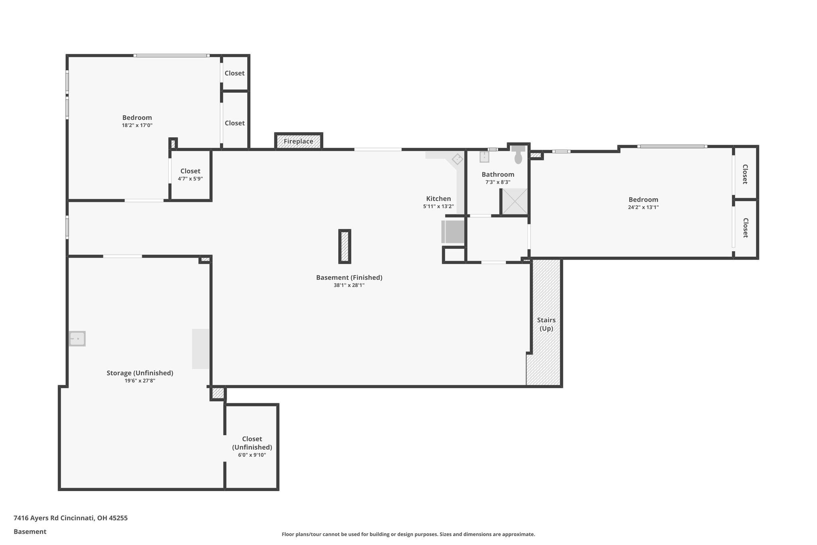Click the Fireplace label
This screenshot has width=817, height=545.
[298, 141]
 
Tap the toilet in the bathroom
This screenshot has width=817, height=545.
[518, 155]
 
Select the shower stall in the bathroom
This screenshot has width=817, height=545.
[515, 201]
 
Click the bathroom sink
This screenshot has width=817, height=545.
[484, 157]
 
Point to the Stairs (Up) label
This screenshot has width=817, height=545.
[546, 324]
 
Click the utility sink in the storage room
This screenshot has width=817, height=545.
[77, 339]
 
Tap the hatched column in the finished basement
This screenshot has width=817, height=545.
[345, 246]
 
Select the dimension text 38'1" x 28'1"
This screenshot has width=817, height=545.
[349, 285]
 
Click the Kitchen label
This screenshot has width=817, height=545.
[438, 198]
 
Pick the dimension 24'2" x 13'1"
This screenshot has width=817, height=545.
[643, 207]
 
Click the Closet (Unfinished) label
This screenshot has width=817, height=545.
[252, 443]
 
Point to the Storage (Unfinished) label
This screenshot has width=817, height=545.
[140, 373]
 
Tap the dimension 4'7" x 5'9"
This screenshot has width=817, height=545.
[190, 179]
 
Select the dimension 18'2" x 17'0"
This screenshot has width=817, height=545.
[137, 125]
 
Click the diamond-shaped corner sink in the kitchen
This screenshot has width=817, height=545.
[457, 159]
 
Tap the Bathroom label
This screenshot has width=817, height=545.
[498, 174]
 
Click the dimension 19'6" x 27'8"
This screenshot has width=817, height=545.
[140, 381]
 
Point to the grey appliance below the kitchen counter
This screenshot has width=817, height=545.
[453, 232]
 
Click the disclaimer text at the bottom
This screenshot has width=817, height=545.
[408, 534]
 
